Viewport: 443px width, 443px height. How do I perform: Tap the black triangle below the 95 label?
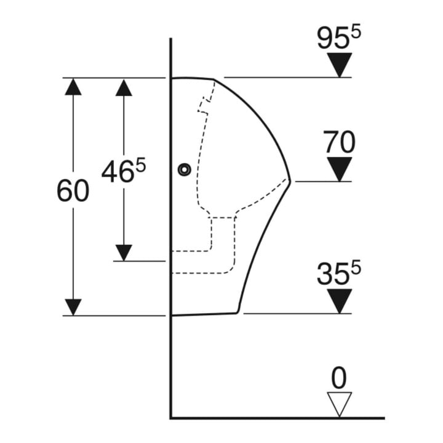(339, 65)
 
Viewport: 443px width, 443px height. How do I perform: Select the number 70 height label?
(339, 142)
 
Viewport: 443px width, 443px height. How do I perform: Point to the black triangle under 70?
(339, 169)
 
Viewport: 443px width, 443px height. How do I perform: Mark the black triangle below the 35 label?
(339, 301)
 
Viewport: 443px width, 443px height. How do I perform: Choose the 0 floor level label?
(339, 378)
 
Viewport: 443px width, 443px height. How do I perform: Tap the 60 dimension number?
(73, 191)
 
